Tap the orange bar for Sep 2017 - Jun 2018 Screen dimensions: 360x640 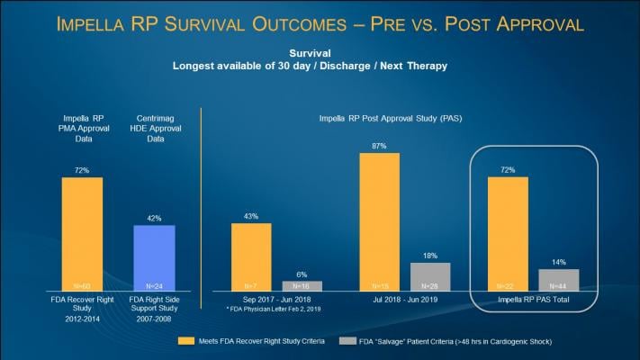[251, 256]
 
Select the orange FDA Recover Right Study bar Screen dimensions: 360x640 [82, 234]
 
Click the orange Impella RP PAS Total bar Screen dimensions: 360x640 [508, 234]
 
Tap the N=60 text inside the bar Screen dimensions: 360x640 [82, 285]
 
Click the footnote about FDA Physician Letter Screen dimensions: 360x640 [266, 309]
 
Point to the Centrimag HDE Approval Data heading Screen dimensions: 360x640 [154, 129]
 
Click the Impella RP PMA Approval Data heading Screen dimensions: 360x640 [82, 129]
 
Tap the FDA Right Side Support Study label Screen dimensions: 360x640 [154, 303]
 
